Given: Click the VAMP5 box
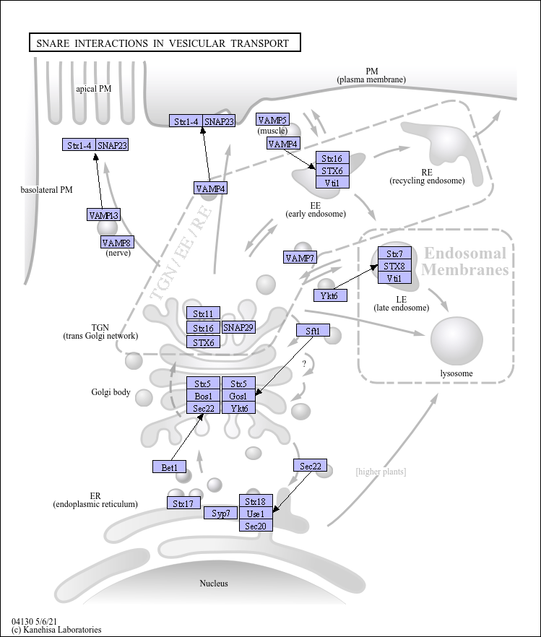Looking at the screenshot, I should point(272,120).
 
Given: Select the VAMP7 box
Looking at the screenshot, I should point(300,258).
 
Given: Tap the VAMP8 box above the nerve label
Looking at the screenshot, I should point(117,242).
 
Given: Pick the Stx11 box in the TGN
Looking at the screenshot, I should point(203,313).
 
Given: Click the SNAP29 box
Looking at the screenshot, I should point(238,328).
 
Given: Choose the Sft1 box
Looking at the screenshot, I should point(313,331).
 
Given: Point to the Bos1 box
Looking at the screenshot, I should point(203,396).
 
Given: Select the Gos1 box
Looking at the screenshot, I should point(238,396).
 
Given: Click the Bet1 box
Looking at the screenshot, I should point(170,467).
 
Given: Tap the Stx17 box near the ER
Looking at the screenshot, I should point(184,503).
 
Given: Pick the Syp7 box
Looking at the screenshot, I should point(221,513).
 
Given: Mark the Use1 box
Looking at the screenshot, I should point(256,513).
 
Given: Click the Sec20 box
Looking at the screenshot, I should point(256,526).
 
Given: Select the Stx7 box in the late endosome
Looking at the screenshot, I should point(394,253).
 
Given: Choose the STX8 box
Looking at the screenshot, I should point(394,266).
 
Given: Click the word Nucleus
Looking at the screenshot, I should point(214,583).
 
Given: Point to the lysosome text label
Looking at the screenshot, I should point(456,373).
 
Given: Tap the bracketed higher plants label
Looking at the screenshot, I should point(381,472).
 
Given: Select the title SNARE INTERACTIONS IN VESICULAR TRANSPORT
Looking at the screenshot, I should point(163,43).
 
